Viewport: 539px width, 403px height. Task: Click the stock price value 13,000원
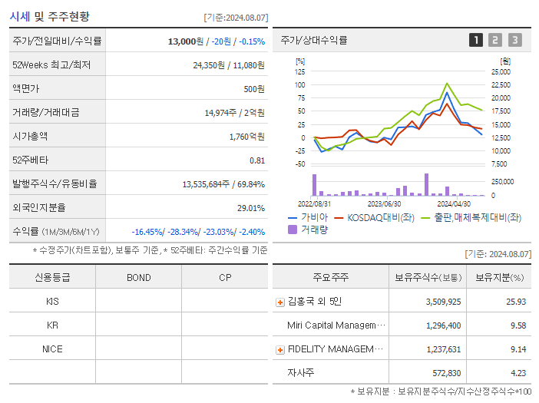tap(186, 41)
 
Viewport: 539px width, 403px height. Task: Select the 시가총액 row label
tap(30, 136)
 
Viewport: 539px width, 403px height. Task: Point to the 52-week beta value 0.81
tap(257, 160)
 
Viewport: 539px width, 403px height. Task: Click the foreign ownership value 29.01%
tap(251, 207)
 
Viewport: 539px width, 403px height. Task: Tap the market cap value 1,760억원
tap(246, 136)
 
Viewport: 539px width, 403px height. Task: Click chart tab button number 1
tap(476, 40)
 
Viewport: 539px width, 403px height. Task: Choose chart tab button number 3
tap(514, 40)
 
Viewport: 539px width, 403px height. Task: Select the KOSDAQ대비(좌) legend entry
tap(372, 217)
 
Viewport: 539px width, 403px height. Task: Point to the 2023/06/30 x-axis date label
tap(384, 203)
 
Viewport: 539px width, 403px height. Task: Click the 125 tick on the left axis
tap(299, 71)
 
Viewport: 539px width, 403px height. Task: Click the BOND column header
tap(138, 277)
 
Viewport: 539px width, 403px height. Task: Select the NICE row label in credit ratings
tap(52, 348)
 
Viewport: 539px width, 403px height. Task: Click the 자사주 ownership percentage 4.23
tap(516, 373)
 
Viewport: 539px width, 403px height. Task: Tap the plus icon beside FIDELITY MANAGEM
tap(280, 349)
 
